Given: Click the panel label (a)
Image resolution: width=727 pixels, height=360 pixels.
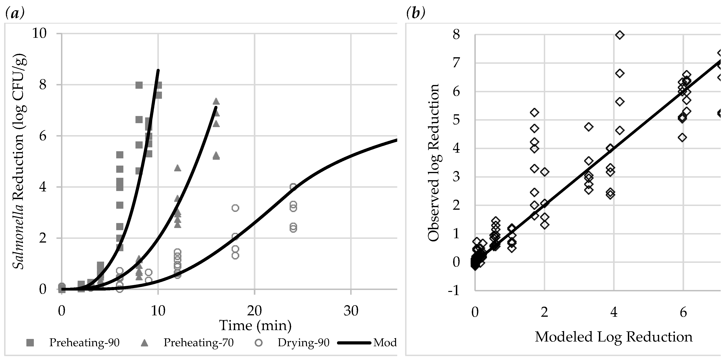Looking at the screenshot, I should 15,13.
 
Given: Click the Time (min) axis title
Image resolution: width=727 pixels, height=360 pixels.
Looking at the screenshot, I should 255,325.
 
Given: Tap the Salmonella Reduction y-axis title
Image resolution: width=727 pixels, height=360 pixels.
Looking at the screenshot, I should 19,161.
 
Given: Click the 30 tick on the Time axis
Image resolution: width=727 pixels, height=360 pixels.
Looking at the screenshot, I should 351,311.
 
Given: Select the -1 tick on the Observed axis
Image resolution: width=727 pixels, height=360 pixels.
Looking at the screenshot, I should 454,291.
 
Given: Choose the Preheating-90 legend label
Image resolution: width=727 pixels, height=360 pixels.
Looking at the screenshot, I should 84,342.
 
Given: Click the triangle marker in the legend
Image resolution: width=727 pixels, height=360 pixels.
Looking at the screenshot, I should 144,342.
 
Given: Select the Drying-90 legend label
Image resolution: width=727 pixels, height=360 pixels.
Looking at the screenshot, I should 303,342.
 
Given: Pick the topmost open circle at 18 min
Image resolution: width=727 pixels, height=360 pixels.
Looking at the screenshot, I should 235,208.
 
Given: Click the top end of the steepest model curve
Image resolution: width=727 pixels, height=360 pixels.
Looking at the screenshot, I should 158,71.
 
